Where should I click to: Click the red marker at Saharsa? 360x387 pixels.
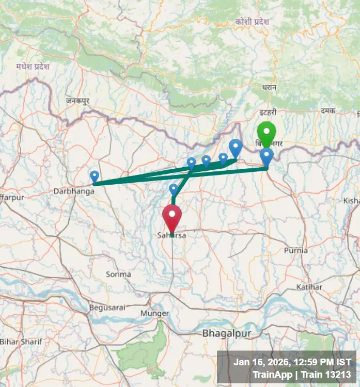(x=172, y=216)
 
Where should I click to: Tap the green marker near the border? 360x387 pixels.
(x=267, y=132)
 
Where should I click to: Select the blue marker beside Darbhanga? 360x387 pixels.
(x=95, y=176)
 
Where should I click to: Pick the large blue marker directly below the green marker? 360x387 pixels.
(x=267, y=156)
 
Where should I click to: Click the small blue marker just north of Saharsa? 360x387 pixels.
(x=174, y=189)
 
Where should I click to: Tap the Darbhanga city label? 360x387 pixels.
(x=74, y=191)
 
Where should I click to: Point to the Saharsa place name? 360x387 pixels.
(x=171, y=235)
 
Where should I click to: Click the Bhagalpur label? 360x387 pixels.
(x=227, y=333)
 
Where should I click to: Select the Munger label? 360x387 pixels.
(x=154, y=313)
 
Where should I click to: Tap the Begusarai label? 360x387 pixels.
(x=107, y=308)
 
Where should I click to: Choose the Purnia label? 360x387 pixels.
(x=296, y=251)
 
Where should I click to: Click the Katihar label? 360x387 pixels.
(x=309, y=287)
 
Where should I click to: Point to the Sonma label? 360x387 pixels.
(x=118, y=275)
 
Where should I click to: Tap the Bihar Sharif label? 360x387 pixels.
(x=17, y=342)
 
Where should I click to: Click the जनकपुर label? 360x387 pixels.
(x=77, y=101)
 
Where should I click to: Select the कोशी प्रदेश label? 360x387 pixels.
(x=252, y=22)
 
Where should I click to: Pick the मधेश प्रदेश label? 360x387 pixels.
(x=32, y=67)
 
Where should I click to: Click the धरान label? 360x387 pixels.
(x=269, y=88)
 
